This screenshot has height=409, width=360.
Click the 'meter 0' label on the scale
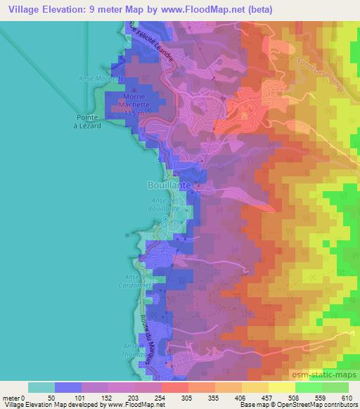point(13,398)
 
